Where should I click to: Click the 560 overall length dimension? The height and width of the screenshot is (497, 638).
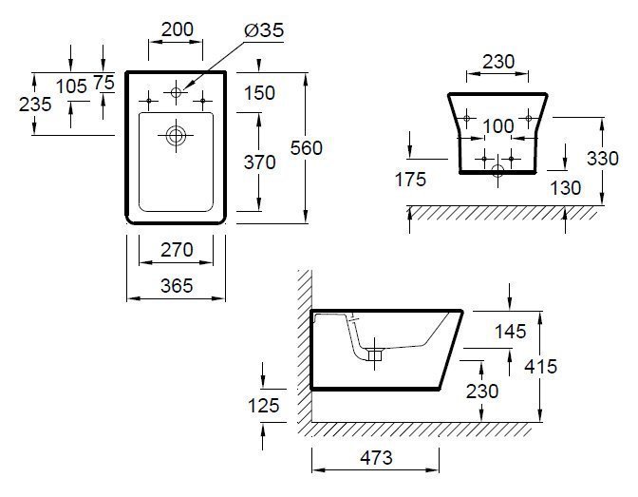pos(307,148)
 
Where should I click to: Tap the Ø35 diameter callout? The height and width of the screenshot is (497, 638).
pos(264,30)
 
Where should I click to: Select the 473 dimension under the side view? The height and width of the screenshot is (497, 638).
pos(376,458)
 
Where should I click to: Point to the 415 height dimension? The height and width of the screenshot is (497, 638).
pos(541,366)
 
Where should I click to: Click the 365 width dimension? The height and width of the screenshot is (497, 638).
pos(177,286)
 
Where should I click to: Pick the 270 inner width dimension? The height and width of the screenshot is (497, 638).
pos(177,250)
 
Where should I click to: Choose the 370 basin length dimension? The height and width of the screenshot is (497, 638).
pos(259,162)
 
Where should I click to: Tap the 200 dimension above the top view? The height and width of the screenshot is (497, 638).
pos(178,29)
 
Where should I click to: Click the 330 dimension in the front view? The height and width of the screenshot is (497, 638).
pos(603,158)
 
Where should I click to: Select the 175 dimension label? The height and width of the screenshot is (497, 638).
pos(410,180)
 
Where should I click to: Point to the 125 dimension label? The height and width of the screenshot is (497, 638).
pos(264,406)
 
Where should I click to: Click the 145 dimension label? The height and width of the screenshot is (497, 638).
pos(510,332)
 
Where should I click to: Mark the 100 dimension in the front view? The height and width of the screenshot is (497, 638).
pos(498,125)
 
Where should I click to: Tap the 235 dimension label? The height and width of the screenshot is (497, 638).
pos(35,104)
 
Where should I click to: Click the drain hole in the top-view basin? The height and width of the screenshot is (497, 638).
pos(176,135)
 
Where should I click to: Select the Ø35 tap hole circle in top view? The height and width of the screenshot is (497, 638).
pos(176,92)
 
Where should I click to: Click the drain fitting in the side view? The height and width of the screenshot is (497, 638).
pos(375,354)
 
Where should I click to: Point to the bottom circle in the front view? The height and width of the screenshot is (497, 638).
pos(497,171)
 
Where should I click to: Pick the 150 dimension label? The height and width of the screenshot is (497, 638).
pos(259,93)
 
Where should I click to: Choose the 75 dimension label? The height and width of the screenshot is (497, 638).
pos(104,82)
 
